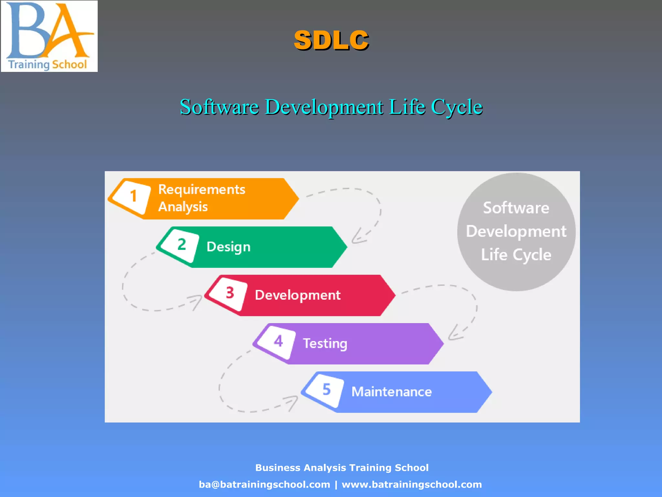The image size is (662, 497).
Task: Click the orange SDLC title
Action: click(x=331, y=40)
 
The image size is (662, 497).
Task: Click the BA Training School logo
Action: click(x=49, y=36)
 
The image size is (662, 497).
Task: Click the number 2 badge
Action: click(x=181, y=245)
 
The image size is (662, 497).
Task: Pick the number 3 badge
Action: click(x=230, y=293)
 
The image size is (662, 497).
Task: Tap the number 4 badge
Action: click(x=278, y=341)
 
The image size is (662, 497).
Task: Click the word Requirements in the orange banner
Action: click(x=202, y=189)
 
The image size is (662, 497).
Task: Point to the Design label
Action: click(x=229, y=247)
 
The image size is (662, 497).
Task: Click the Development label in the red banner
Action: click(x=297, y=295)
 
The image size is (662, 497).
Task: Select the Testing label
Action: click(x=325, y=343)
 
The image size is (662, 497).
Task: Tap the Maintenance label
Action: click(x=391, y=392)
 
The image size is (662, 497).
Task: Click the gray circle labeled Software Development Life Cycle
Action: click(x=516, y=232)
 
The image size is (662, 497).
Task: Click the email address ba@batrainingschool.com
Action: click(x=264, y=484)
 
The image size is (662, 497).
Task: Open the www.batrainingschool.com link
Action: click(x=412, y=484)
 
